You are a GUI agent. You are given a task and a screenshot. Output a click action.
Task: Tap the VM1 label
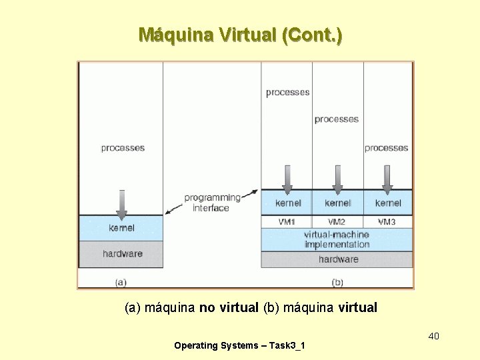click(287, 221)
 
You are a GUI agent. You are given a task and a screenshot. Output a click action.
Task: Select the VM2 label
click(337, 221)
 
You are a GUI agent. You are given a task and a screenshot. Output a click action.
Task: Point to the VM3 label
click(387, 221)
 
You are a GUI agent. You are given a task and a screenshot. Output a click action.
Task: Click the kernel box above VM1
click(287, 203)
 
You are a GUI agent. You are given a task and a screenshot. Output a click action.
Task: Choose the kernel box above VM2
click(337, 203)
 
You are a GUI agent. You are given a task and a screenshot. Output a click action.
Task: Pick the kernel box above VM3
click(388, 203)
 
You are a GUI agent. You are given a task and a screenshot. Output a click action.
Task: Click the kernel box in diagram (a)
click(121, 228)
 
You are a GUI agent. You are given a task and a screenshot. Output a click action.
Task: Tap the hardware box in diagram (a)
click(122, 253)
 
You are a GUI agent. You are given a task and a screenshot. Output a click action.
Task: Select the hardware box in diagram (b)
click(338, 259)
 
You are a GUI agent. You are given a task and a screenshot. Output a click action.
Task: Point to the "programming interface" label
click(212, 203)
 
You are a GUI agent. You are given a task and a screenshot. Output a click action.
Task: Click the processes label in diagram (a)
click(123, 148)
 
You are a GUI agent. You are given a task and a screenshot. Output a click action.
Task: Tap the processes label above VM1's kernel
click(287, 93)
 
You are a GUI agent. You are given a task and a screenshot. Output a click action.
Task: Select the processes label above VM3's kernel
click(387, 148)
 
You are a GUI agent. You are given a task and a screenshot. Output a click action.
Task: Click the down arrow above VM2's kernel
click(337, 178)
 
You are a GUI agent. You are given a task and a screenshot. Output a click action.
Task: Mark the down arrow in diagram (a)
click(121, 204)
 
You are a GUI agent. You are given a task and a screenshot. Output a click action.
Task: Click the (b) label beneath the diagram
click(337, 283)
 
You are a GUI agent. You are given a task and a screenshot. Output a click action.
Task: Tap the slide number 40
click(433, 335)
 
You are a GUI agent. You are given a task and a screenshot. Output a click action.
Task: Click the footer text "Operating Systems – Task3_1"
click(239, 345)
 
